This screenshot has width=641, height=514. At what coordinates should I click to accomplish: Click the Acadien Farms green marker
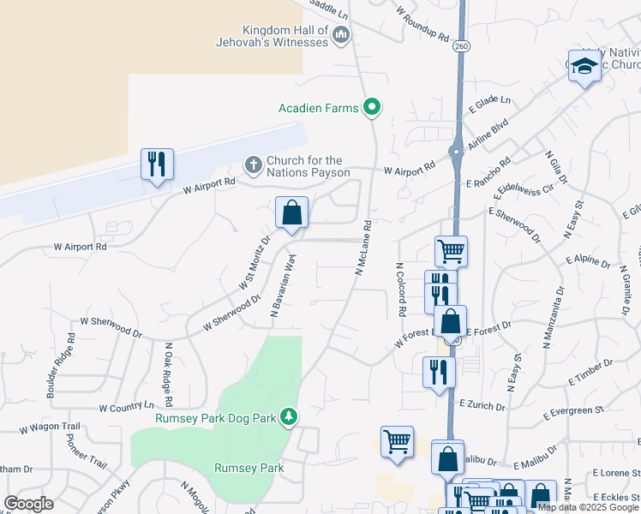point(372,108)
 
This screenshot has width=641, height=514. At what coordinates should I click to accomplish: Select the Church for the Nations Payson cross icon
point(253,164)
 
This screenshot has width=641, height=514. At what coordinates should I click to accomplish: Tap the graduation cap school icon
point(584,66)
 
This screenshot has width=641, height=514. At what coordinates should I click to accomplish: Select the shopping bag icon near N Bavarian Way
point(291,212)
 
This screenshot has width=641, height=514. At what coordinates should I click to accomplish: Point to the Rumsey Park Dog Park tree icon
point(290,417)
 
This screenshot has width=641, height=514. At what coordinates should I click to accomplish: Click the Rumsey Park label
point(249,468)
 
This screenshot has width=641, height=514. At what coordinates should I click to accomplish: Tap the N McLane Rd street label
point(363,249)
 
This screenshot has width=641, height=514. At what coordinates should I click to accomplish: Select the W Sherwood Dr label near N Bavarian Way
point(231,315)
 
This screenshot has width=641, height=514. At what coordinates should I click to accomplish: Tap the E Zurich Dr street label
point(484,403)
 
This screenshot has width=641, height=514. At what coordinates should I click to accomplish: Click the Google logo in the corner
point(28,504)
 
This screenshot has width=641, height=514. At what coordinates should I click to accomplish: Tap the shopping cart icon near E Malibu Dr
point(397,441)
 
